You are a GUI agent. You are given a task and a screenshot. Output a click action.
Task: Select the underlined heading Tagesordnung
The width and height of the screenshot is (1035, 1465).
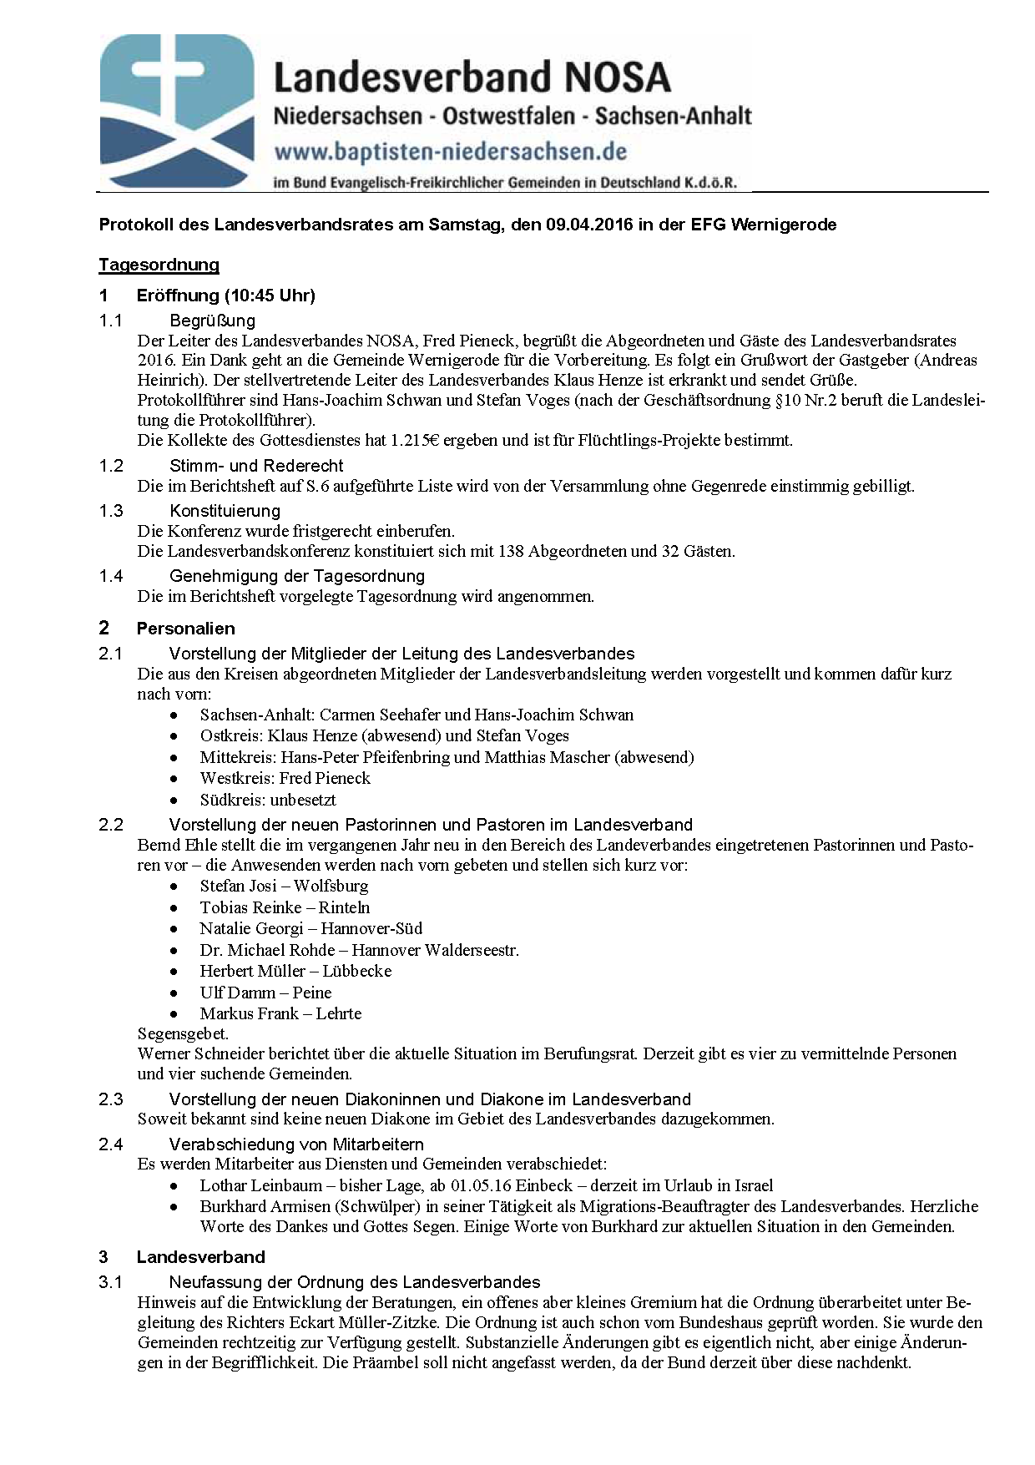coord(159,265)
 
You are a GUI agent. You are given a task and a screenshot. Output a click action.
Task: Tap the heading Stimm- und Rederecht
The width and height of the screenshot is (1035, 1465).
coord(256,466)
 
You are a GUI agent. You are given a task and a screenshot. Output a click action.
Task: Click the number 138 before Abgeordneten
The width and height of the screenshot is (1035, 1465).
coord(511,552)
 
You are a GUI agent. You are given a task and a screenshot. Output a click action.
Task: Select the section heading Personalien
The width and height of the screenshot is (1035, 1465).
coord(185,629)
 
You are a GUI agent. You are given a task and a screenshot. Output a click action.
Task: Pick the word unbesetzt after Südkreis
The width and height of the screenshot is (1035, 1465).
coord(302,800)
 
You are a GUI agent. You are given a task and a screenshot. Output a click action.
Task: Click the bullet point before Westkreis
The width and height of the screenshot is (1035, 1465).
coord(173,779)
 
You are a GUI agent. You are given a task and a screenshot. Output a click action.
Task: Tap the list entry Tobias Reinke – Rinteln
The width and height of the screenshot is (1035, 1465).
coord(285,907)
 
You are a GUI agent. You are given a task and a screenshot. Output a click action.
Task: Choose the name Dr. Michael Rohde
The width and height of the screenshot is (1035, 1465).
coord(267,950)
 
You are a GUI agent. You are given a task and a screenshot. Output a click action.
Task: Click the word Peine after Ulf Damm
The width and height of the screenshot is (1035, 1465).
coord(311,993)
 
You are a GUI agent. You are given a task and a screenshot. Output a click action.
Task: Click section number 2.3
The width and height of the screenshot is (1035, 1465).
coord(111,1099)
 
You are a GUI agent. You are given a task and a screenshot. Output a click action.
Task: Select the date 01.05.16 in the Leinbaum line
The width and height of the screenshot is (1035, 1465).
coord(482,1186)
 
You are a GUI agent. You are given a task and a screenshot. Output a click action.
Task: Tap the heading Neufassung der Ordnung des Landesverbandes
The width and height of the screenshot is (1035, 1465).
coord(355,1282)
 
